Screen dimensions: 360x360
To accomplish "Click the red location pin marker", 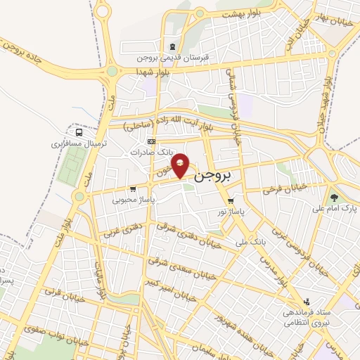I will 181,165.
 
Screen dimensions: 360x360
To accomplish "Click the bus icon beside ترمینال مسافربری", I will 79,131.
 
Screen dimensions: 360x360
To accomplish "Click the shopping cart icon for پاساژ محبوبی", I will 132,189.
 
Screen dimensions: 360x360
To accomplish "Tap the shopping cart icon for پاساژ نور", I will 231,200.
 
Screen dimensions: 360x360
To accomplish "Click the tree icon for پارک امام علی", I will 333,198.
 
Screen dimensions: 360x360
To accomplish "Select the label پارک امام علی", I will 333,209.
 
